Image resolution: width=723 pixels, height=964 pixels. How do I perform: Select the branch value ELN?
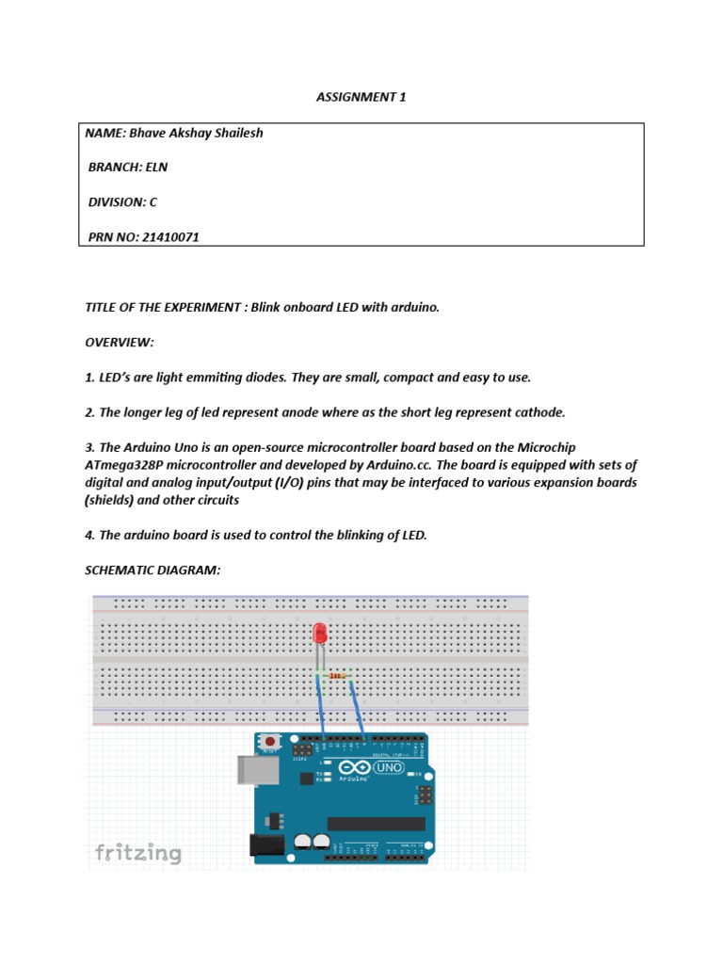click(155, 168)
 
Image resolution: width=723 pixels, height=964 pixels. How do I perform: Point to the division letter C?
click(153, 202)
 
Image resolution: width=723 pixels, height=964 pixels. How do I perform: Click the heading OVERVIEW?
click(119, 343)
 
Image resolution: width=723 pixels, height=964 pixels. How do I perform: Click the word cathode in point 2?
click(538, 412)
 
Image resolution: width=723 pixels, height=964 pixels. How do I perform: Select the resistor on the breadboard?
click(337, 674)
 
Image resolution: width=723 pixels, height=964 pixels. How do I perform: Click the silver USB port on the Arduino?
click(250, 768)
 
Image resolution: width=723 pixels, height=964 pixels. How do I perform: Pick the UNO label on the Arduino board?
click(388, 768)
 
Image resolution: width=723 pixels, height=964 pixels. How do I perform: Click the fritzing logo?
click(138, 853)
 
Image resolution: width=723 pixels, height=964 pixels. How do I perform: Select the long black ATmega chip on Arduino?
click(376, 823)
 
